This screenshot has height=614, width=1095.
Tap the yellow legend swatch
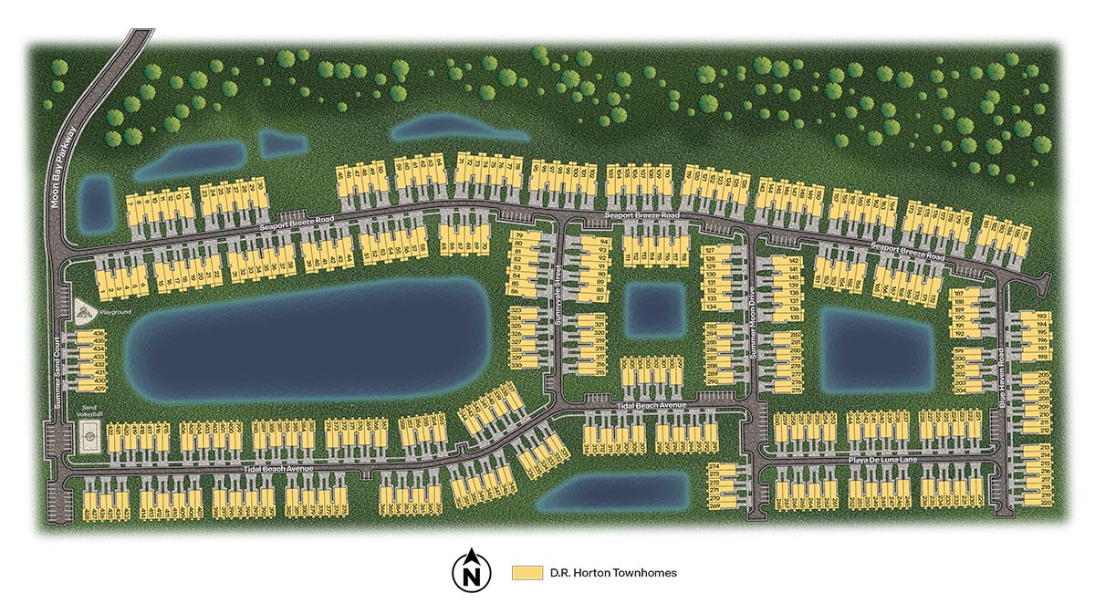(527, 573)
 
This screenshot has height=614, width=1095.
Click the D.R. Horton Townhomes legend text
(612, 573)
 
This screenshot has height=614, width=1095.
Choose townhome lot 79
(519, 237)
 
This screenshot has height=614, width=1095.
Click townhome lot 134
(712, 307)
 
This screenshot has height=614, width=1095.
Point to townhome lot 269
(714, 505)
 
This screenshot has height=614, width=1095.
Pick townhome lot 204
(959, 390)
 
